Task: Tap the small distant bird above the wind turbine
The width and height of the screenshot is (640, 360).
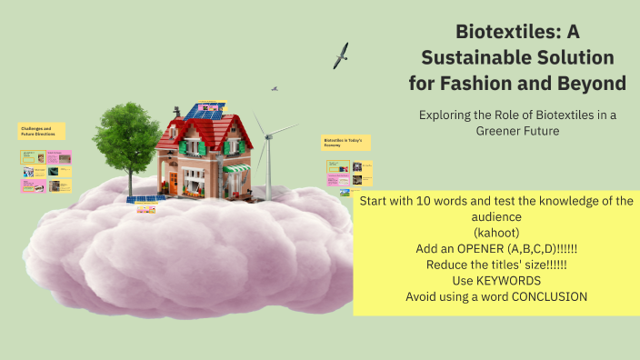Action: (x=275, y=89)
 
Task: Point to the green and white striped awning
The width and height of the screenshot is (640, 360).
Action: (x=235, y=169)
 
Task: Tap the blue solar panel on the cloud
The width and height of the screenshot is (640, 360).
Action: (x=145, y=198)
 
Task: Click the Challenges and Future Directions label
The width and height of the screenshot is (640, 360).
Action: (x=41, y=132)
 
